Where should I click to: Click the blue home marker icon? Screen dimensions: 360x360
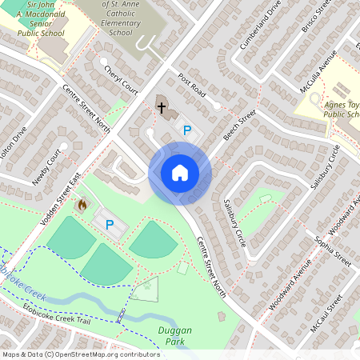click(180, 173)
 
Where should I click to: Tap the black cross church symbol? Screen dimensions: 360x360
click(161, 106)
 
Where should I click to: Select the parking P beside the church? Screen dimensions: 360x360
click(187, 130)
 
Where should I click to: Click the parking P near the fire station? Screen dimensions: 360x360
click(110, 225)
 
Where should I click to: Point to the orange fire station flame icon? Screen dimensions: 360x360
click(81, 206)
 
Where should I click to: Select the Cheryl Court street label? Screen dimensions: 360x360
click(121, 80)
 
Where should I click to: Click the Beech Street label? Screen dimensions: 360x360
click(239, 126)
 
